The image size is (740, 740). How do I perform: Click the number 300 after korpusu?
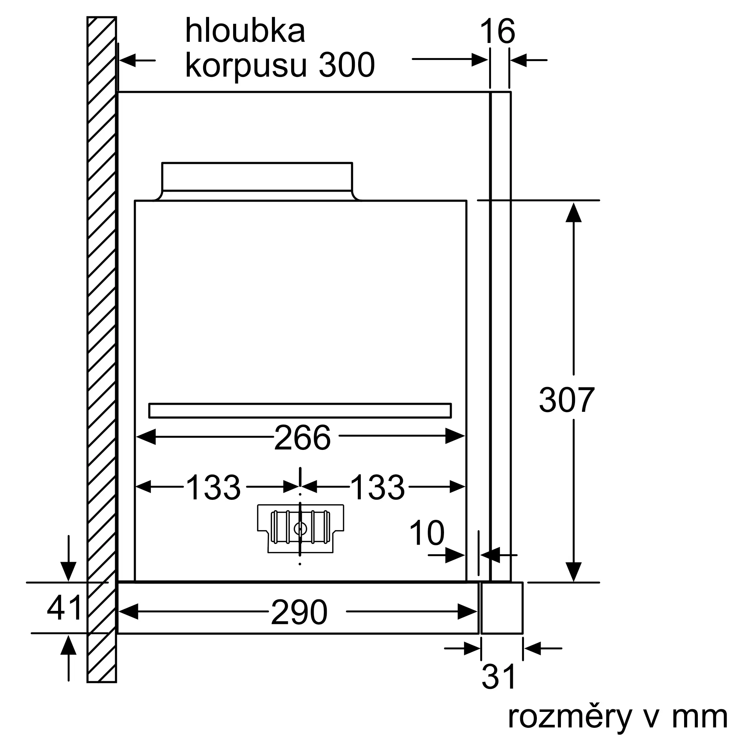pyautogui.click(x=346, y=65)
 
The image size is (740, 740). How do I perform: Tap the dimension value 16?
pyautogui.click(x=497, y=31)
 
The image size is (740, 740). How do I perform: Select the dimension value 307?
pyautogui.click(x=566, y=400)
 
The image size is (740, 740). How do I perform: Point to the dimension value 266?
pyautogui.click(x=302, y=438)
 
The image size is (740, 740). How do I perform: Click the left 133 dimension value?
pyautogui.click(x=213, y=488)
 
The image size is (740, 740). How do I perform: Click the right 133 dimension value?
pyautogui.click(x=377, y=488)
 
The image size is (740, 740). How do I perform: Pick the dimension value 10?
pyautogui.click(x=427, y=533)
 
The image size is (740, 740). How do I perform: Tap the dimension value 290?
pyautogui.click(x=299, y=612)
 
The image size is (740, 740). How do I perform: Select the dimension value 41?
pyautogui.click(x=64, y=608)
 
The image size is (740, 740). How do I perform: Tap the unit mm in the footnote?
pyautogui.click(x=699, y=717)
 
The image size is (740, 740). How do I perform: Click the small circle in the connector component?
pyautogui.click(x=300, y=529)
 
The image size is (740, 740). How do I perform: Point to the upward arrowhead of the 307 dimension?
pyautogui.click(x=573, y=213)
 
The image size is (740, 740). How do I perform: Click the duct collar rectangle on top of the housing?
pyautogui.click(x=257, y=176)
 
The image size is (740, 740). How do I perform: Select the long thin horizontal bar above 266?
pyautogui.click(x=300, y=411)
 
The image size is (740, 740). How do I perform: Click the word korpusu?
pyautogui.click(x=246, y=65)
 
